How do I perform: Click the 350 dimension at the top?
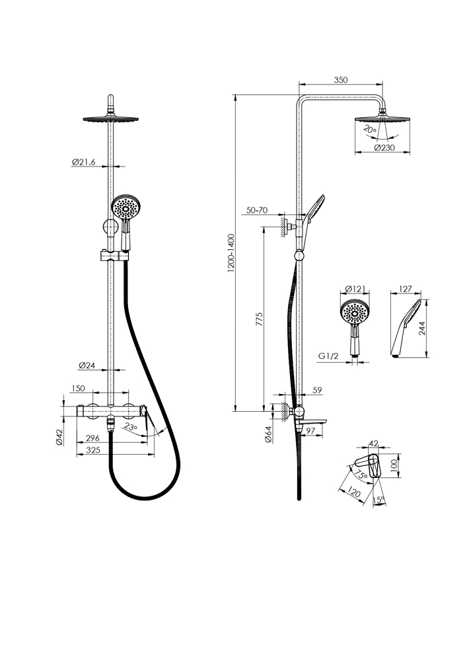(340, 79)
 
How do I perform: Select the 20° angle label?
(370, 132)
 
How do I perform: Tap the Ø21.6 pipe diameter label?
(84, 161)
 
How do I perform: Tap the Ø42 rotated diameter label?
(59, 436)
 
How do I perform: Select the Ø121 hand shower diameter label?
(356, 290)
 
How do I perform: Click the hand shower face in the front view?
(124, 209)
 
